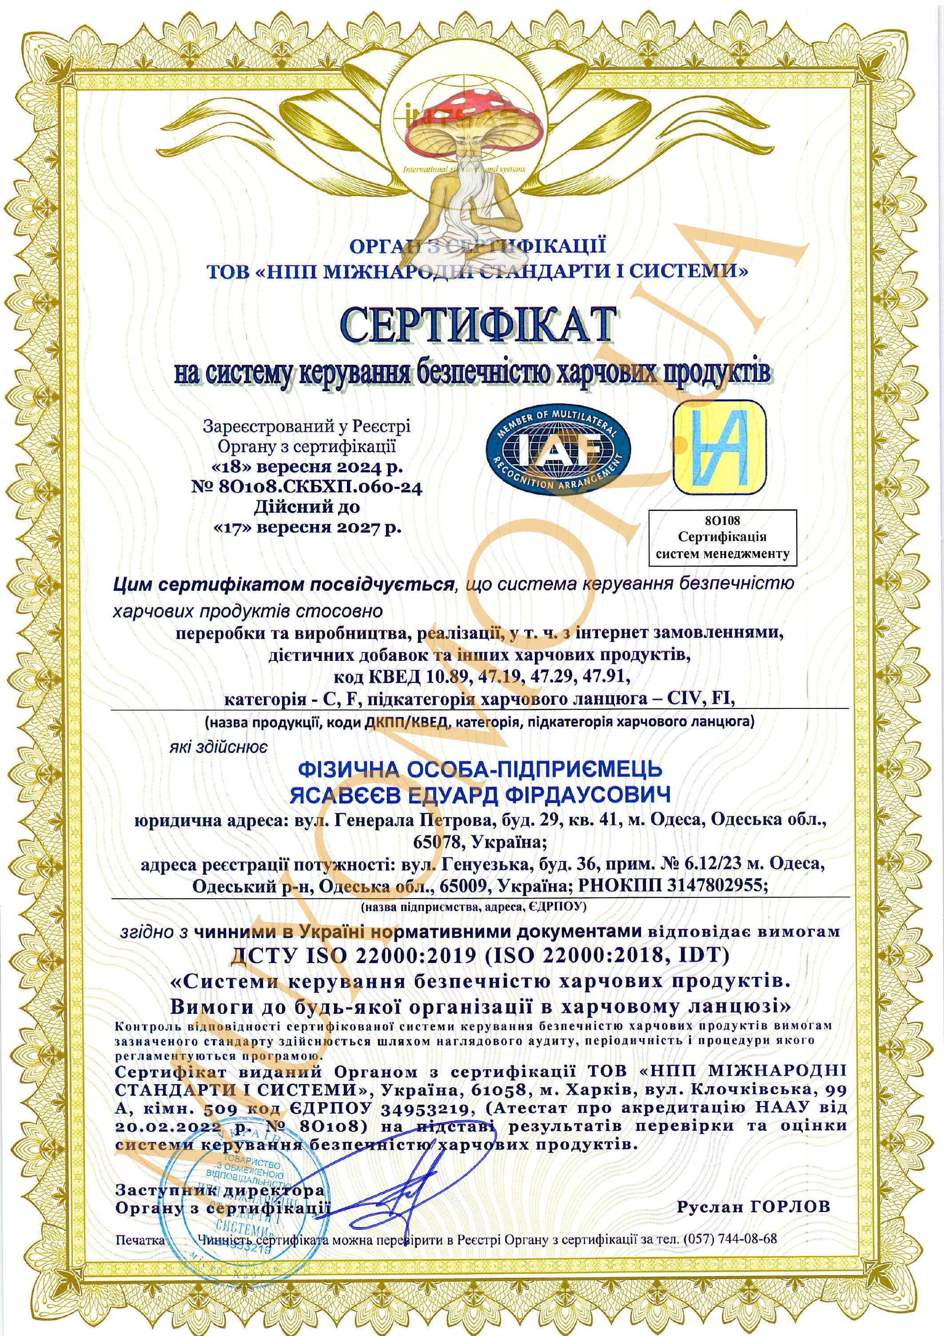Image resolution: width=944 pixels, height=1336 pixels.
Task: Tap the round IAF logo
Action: (558, 449)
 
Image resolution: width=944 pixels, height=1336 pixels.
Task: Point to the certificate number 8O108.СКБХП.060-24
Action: (307, 487)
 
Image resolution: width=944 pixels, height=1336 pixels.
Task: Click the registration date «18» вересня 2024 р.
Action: (307, 467)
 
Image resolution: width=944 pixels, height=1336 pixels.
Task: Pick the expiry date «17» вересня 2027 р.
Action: (308, 528)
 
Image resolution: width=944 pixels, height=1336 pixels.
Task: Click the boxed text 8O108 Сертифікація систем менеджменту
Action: (722, 537)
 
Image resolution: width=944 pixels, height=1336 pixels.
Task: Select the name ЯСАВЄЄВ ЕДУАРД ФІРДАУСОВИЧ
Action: (480, 795)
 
